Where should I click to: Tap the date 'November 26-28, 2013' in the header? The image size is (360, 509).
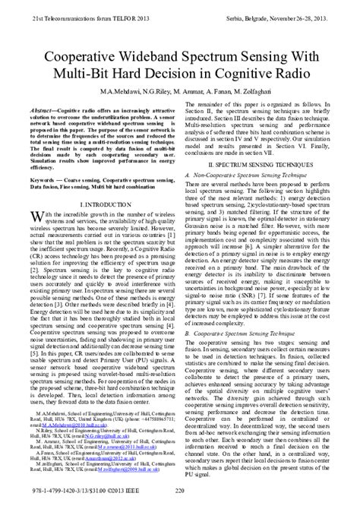pos(307,6)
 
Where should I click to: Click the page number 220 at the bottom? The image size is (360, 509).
pos(179,501)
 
